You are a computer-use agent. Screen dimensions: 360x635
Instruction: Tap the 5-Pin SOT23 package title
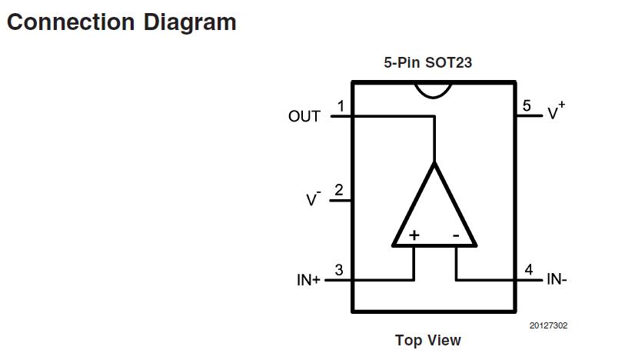(427, 63)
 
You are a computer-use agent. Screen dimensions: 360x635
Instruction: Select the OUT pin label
(304, 117)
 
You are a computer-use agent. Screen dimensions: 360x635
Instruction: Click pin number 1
(341, 106)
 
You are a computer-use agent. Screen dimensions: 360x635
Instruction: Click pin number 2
(339, 190)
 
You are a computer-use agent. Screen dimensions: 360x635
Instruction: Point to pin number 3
(339, 270)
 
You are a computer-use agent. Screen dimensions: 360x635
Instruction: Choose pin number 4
(528, 270)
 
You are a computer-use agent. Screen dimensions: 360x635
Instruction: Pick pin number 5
(527, 106)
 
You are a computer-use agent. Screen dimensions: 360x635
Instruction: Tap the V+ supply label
(555, 112)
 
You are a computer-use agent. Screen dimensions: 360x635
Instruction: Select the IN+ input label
(308, 280)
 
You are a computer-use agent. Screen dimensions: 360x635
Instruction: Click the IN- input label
(557, 280)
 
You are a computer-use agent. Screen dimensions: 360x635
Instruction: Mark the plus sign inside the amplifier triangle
(414, 235)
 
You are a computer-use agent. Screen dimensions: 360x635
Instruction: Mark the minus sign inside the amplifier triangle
(455, 235)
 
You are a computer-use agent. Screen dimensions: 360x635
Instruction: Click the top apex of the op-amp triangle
(434, 164)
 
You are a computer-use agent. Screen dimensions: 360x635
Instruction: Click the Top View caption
(427, 340)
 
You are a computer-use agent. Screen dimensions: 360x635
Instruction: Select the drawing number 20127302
(548, 325)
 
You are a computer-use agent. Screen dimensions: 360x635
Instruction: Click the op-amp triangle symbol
(434, 215)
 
